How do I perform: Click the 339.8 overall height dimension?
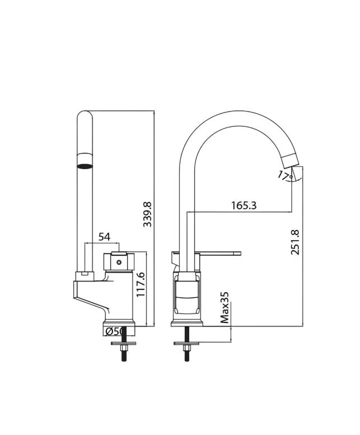[x=147, y=214]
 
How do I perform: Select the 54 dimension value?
[x=104, y=237]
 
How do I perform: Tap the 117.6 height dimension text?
[x=141, y=284]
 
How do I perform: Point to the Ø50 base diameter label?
[x=114, y=331]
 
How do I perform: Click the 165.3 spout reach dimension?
[x=244, y=205]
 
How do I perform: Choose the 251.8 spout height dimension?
[x=295, y=242]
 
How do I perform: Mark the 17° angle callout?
[x=285, y=176]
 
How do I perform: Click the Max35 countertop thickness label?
[x=225, y=307]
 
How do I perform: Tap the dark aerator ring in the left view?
[x=85, y=166]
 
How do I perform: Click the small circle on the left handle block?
[x=119, y=262]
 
